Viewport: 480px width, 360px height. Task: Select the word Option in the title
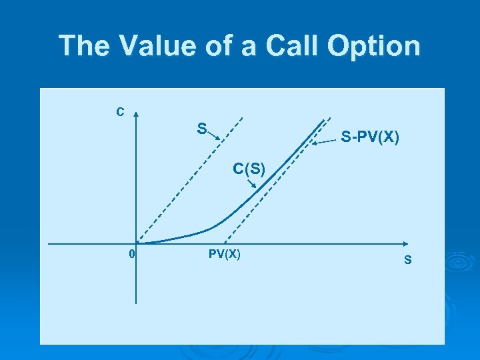point(377,46)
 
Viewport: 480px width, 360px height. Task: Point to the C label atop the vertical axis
point(120,112)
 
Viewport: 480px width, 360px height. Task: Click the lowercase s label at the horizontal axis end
point(407,259)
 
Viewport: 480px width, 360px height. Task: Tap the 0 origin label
point(132,254)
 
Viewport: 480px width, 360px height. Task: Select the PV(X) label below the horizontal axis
point(225,254)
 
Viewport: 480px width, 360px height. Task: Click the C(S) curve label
point(249,169)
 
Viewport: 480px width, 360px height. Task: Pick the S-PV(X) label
point(370,138)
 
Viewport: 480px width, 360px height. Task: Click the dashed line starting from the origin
point(180,186)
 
